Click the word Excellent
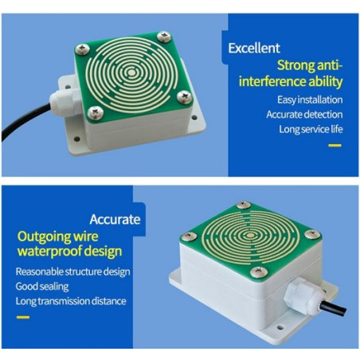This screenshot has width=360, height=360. click(254, 49)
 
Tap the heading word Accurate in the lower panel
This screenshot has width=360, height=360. click(115, 219)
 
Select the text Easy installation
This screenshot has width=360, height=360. click(310, 100)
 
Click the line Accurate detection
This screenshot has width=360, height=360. click(304, 115)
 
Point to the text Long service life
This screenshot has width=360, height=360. click(311, 129)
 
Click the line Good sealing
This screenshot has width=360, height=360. click(42, 287)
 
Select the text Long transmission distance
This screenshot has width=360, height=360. click(71, 301)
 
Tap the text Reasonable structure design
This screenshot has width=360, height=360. click(72, 272)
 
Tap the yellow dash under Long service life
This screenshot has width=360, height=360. click(335, 145)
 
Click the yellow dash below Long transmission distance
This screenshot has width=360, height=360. click(23, 317)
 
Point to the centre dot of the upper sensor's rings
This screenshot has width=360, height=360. click(131, 72)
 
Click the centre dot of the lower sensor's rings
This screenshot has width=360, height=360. click(250, 235)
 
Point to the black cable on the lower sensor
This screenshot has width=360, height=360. click(333, 307)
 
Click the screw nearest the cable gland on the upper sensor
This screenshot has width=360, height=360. click(96, 112)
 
